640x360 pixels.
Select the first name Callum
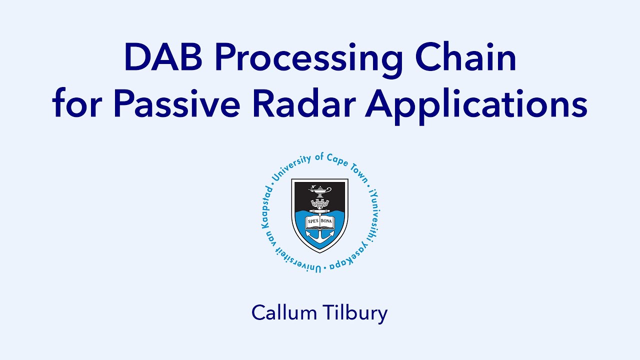pyautogui.click(x=283, y=313)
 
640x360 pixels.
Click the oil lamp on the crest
pyautogui.click(x=319, y=190)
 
